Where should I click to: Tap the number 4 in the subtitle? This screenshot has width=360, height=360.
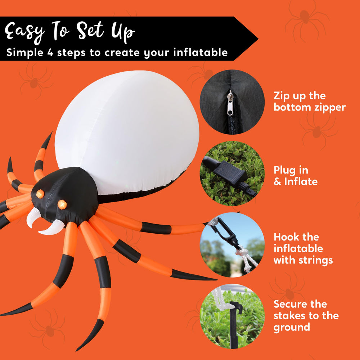(x=50, y=53)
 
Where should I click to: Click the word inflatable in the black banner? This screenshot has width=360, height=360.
(x=201, y=52)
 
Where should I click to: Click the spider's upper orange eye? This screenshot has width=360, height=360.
(x=40, y=194)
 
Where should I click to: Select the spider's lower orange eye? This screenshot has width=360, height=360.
(x=62, y=204)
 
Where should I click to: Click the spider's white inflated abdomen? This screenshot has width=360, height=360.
(x=127, y=132)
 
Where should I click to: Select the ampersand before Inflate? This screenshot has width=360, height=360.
(x=277, y=182)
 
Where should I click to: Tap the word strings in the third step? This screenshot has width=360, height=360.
(x=315, y=260)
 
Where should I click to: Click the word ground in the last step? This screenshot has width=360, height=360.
(x=292, y=328)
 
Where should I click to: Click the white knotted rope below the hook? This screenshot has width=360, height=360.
(x=246, y=258)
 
